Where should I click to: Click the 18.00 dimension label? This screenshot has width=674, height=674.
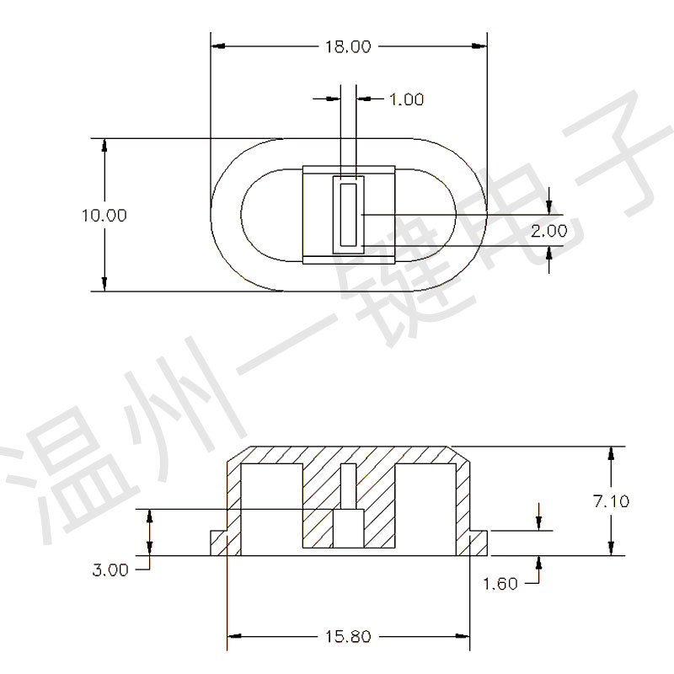pyautogui.click(x=348, y=47)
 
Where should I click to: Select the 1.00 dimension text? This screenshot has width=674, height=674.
pyautogui.click(x=407, y=99)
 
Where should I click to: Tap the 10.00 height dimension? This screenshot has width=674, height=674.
pyautogui.click(x=104, y=216)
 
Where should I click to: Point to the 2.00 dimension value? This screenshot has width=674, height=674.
pyautogui.click(x=549, y=231)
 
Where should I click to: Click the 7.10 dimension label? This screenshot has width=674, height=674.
pyautogui.click(x=612, y=501)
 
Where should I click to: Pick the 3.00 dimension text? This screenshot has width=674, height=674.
pyautogui.click(x=110, y=570)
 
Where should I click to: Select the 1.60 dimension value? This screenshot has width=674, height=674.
pyautogui.click(x=500, y=584)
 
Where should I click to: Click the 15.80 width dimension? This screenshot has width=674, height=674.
pyautogui.click(x=348, y=637)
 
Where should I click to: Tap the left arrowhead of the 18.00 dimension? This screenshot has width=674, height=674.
pyautogui.click(x=218, y=46)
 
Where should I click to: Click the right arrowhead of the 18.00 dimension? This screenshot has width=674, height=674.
pyautogui.click(x=479, y=46)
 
